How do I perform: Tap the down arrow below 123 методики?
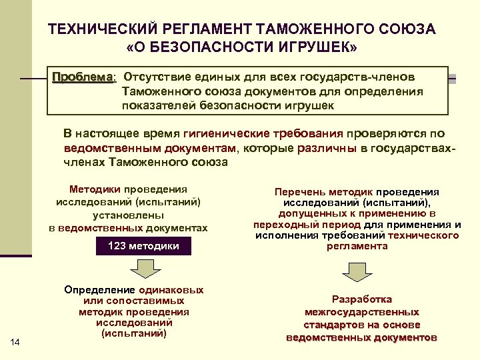tap(142, 268)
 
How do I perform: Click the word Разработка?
tap(361, 299)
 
